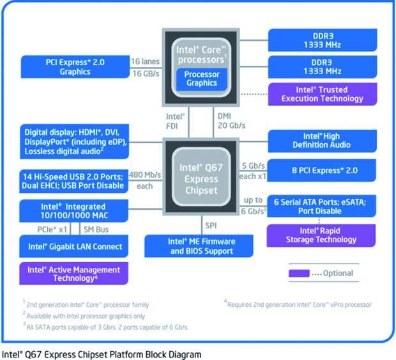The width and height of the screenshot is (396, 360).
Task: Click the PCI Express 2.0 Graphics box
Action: [75, 67]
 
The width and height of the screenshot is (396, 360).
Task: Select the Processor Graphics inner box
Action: [201, 78]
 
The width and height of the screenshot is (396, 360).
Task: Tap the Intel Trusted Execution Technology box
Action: [322, 95]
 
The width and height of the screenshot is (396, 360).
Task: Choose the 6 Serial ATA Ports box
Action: [320, 205]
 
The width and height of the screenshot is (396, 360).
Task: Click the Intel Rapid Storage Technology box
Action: [321, 235]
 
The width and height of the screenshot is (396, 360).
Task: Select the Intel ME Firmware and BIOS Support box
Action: [201, 246]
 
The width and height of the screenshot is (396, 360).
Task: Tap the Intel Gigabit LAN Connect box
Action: [75, 246]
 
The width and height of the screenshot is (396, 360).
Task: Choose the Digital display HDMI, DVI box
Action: [75, 141]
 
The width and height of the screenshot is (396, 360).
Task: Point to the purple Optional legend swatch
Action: [299, 274]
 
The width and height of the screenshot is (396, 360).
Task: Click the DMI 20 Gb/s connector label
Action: [229, 121]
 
